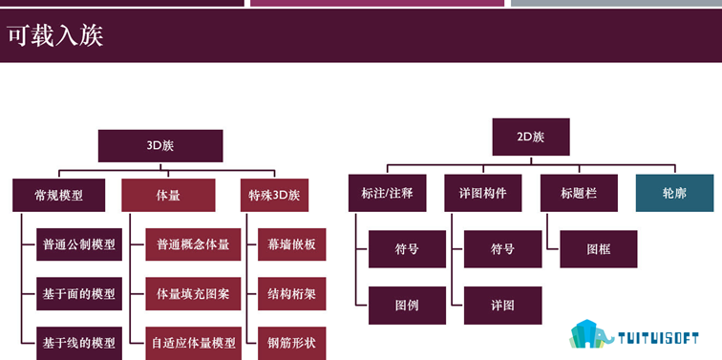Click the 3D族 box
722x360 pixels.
pos(160,146)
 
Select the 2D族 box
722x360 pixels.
pos(531,137)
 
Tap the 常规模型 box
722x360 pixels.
pos(58,195)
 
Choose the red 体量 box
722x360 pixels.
pos(168,195)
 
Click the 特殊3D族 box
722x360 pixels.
pos(274,195)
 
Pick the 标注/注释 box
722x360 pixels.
pos(387,193)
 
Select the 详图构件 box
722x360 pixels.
pos(483,193)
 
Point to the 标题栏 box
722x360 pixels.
pos(579,193)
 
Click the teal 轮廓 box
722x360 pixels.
pos(674,193)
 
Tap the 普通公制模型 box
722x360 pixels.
pos(79,244)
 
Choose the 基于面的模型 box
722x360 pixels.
pos(79,294)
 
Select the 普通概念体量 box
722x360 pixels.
pos(193,244)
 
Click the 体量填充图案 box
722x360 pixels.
pos(193,294)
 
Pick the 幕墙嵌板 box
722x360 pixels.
pos(291,244)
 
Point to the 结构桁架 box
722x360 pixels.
pos(291,294)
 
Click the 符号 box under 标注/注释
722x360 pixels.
pos(407,249)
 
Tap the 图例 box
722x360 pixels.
pos(407,306)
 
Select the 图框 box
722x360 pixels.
pos(599,249)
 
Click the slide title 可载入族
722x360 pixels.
pos(55,36)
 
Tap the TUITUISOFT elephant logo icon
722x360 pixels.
pos(591,334)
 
